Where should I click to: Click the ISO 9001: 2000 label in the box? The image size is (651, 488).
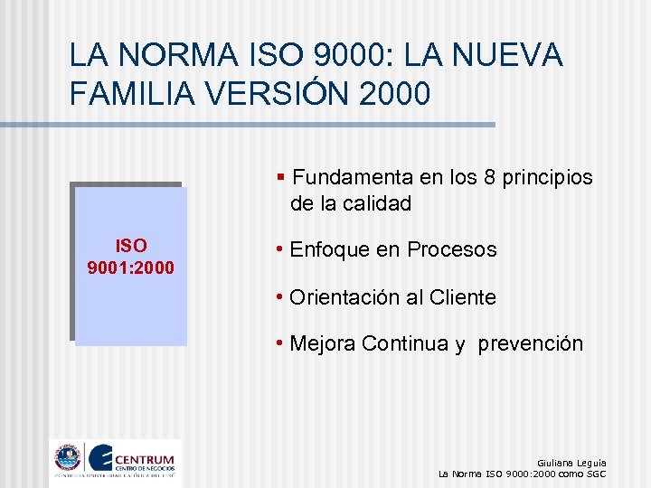point(130,257)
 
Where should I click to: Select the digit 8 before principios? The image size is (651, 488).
point(490,177)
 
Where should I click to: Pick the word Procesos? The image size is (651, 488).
point(451,249)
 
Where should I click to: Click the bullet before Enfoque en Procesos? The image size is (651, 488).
point(282,250)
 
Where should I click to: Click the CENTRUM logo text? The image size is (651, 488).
point(146,453)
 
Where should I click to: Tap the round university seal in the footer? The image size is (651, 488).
point(67,457)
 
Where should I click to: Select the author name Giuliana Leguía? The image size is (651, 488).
point(571,462)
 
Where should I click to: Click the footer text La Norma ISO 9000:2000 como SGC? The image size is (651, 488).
point(522,474)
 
